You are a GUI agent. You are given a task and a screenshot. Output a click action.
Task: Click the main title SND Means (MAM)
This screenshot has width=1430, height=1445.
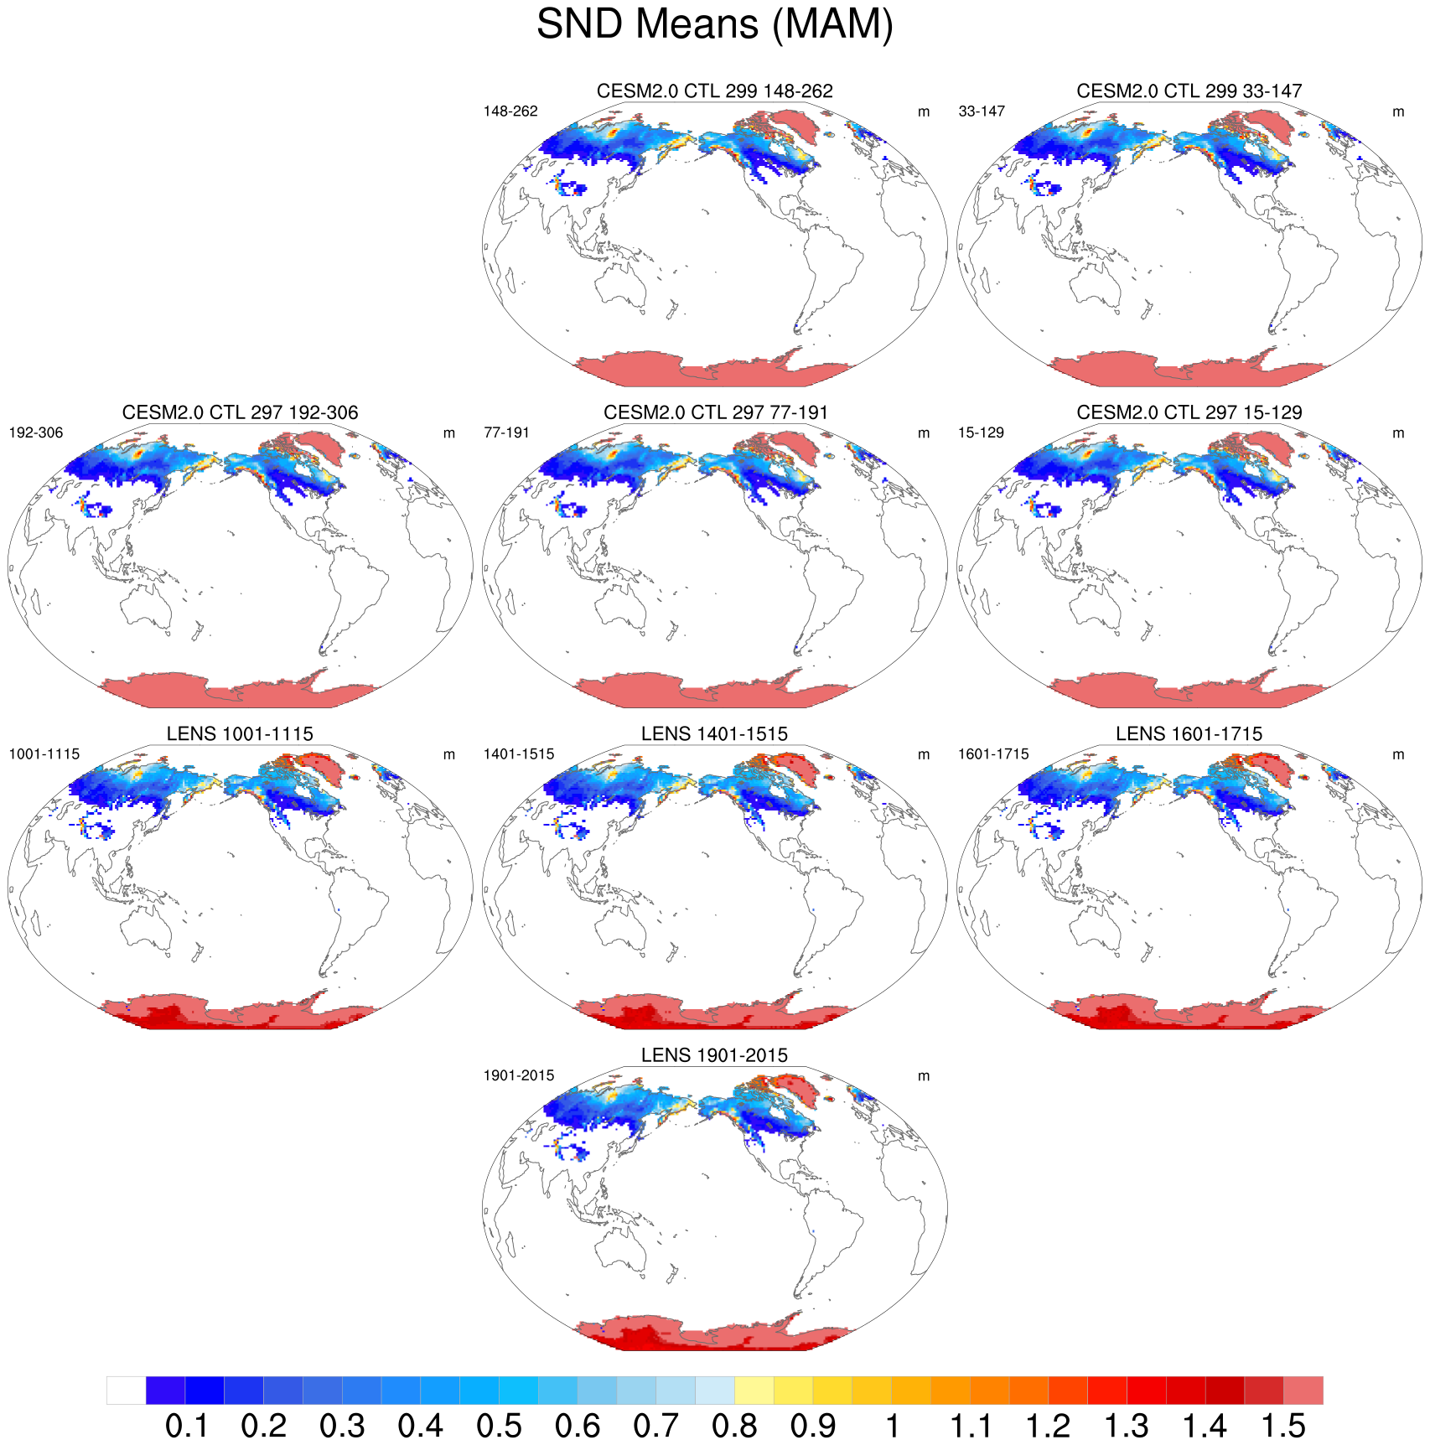[x=714, y=24]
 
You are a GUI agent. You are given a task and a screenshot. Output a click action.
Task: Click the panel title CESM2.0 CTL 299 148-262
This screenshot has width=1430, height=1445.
[x=714, y=91]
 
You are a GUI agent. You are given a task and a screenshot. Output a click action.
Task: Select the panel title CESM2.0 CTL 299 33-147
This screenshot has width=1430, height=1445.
[x=1189, y=91]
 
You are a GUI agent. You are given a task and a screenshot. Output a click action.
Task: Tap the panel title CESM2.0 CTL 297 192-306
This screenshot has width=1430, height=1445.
[x=240, y=412]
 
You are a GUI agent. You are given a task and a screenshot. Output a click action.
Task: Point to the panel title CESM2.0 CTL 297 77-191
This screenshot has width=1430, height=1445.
[x=714, y=412]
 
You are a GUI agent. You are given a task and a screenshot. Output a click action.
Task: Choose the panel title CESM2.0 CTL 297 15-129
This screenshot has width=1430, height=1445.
[x=1189, y=412]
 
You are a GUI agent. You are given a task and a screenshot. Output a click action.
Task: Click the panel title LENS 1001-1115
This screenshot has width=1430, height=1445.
[x=240, y=734]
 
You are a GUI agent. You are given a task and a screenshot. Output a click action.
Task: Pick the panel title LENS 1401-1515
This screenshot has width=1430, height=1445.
[x=714, y=734]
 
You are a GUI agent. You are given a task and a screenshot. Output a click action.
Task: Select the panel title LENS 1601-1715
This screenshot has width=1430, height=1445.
[x=1189, y=734]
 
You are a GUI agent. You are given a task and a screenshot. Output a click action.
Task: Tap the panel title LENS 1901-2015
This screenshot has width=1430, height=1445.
[x=714, y=1055]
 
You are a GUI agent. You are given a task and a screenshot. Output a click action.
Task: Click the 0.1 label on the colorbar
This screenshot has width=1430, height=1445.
[x=186, y=1426]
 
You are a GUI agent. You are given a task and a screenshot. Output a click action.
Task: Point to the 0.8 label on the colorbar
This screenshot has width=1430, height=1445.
[x=734, y=1426]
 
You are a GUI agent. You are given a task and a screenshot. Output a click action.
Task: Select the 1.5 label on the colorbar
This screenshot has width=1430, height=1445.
[x=1283, y=1426]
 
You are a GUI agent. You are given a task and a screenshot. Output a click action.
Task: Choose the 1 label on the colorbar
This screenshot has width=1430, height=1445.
[x=892, y=1426]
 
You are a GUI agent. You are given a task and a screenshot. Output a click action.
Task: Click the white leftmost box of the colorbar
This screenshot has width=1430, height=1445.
[x=126, y=1390]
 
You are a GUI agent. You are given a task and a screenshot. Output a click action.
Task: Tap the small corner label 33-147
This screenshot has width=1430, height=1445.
[x=981, y=111]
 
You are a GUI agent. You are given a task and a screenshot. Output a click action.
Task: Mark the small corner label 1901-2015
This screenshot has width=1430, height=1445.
[x=518, y=1076]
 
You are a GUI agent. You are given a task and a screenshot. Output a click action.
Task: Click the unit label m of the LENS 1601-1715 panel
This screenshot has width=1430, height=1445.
[x=1397, y=755]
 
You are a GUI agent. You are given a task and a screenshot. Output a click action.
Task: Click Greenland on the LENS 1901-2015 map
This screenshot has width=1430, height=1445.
[x=800, y=1090]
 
